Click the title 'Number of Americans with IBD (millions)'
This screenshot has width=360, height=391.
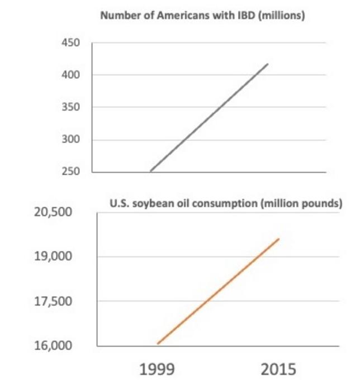coord(202,16)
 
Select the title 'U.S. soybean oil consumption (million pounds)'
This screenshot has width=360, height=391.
coord(226,203)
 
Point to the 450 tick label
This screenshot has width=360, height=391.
coord(71,43)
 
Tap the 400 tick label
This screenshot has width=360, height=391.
coord(71,75)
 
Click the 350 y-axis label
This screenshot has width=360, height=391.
coord(71,107)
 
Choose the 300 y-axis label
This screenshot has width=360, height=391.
coord(71,140)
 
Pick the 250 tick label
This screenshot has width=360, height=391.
coord(71,171)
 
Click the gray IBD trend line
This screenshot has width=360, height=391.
coord(209,117)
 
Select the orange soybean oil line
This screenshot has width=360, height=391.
coord(218,291)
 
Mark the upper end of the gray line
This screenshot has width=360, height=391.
coord(268,64)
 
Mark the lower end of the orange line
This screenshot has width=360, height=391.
coord(158,344)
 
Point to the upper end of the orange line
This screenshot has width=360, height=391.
coord(278,239)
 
